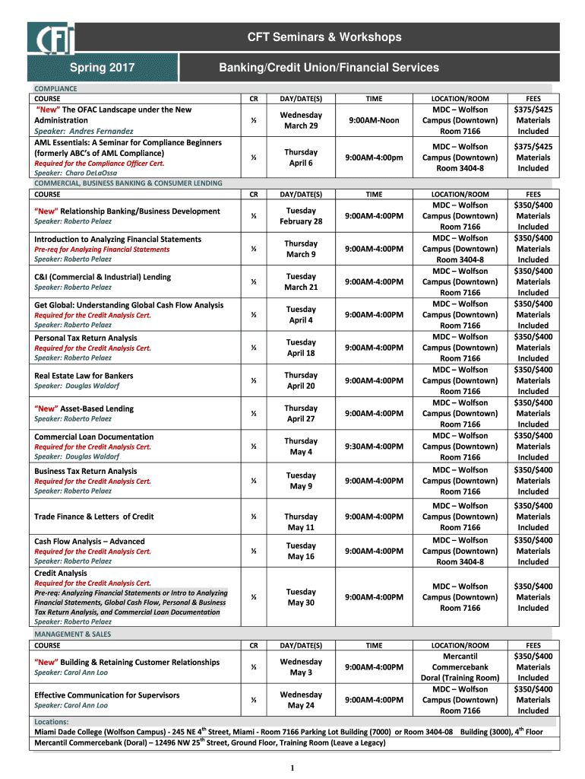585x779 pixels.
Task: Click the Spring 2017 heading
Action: tap(103, 68)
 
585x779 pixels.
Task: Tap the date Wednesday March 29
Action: tap(301, 120)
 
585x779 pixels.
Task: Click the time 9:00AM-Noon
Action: tap(374, 120)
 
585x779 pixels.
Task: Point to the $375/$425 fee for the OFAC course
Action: tap(533, 110)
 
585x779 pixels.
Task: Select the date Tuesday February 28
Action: tap(301, 216)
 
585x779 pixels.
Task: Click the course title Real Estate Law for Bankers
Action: tap(84, 376)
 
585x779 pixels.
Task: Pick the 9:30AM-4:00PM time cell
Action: tap(374, 447)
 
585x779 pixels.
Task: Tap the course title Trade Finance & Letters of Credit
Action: tap(94, 517)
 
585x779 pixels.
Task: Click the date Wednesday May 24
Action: tap(301, 700)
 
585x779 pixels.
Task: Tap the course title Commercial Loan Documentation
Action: tap(94, 437)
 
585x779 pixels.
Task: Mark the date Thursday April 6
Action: tap(301, 157)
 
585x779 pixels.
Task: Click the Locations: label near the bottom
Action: tap(52, 721)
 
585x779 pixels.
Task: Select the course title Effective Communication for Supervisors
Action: tap(107, 695)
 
